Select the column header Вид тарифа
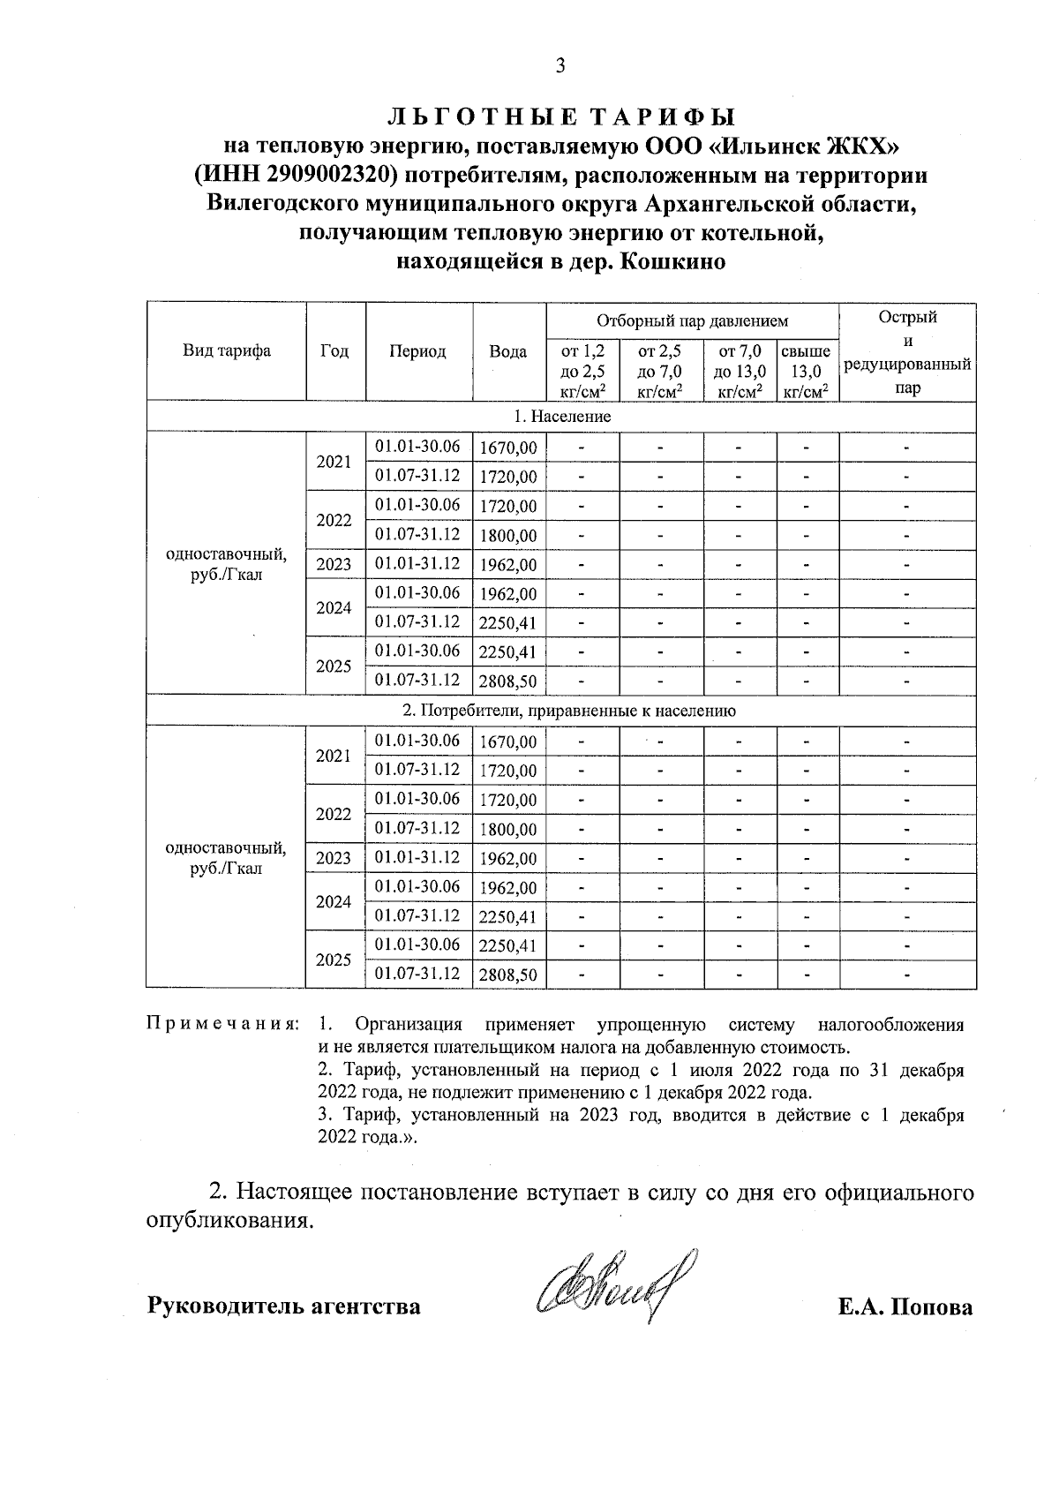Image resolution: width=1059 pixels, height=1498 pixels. (x=226, y=351)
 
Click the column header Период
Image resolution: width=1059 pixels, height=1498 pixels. (x=418, y=351)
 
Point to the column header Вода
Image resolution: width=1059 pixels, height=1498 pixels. (x=508, y=351)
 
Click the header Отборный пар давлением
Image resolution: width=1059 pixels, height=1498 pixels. (x=692, y=320)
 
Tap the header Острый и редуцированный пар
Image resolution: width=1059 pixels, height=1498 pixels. (x=907, y=351)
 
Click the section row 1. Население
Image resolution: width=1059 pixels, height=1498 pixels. (x=561, y=417)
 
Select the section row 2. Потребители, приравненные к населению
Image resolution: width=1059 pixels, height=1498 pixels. (x=561, y=711)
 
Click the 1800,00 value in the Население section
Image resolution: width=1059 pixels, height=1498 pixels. (x=507, y=536)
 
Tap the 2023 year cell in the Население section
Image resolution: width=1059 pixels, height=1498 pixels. (x=334, y=565)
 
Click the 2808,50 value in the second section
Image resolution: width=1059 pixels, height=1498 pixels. (x=507, y=975)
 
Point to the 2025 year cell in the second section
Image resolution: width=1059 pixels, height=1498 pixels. (x=334, y=960)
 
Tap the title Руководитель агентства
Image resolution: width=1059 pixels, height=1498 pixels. (x=283, y=1306)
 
